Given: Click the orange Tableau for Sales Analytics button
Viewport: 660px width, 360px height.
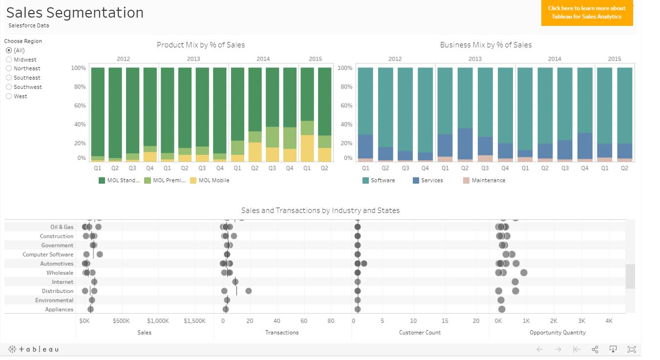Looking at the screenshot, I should click(587, 13).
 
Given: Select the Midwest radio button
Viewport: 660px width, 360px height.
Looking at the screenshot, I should click(9, 60).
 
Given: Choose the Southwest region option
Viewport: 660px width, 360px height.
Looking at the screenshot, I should click(9, 87).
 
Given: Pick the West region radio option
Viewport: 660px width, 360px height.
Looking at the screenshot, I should click(9, 96).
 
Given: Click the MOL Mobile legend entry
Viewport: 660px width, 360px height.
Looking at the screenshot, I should click(213, 180).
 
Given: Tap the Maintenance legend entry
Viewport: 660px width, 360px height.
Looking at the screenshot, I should click(488, 180).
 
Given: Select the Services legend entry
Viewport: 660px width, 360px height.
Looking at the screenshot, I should click(431, 180).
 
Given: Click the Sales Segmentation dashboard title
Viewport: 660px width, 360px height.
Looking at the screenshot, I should click(75, 12).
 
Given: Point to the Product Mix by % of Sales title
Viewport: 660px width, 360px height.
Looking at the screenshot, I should click(201, 45).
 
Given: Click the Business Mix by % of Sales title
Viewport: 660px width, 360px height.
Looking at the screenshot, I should click(486, 45).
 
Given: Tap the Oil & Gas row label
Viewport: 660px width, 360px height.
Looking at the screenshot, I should click(62, 227).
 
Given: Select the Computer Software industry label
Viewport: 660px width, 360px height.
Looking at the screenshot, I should click(48, 254).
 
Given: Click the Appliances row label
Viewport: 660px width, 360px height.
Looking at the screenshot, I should click(59, 310).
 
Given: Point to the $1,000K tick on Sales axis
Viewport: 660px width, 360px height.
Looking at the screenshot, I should click(158, 321).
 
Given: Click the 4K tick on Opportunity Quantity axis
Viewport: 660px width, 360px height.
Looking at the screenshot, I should click(609, 321).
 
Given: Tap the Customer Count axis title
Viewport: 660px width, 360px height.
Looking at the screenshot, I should click(420, 333).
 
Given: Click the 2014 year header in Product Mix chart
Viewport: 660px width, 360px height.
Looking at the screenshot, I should click(263, 59).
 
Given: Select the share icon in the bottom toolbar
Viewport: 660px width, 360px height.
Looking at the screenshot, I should click(595, 349).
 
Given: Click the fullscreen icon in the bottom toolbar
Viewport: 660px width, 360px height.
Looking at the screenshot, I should click(632, 349).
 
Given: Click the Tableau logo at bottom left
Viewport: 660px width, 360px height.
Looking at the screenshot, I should click(33, 349).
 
